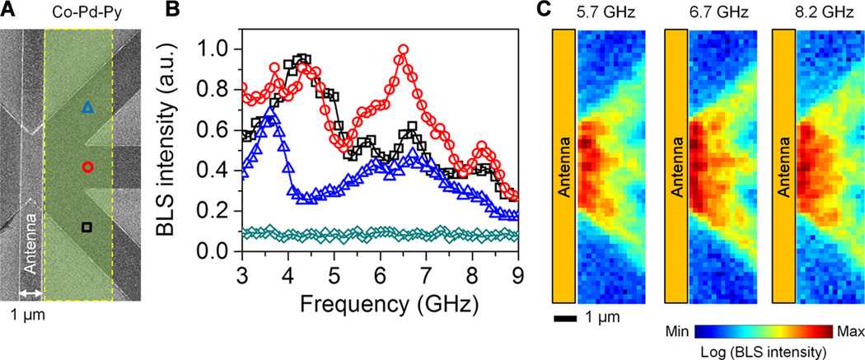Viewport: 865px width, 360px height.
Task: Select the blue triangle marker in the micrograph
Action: tap(88, 107)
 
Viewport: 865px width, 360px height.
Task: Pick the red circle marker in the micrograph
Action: tap(88, 167)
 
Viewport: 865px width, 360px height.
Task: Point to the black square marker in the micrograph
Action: tap(87, 227)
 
